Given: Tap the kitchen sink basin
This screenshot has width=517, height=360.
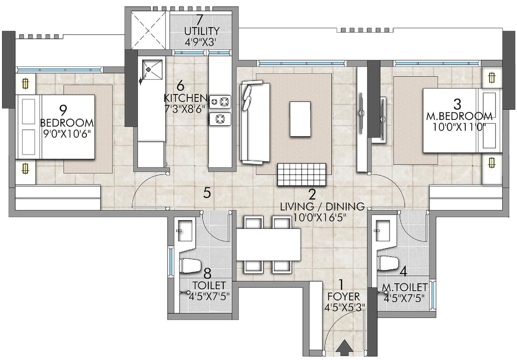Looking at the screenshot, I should click(x=151, y=71).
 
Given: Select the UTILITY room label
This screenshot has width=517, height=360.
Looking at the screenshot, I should click(x=202, y=31).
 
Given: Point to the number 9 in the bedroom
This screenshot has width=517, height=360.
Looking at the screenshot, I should click(x=67, y=109).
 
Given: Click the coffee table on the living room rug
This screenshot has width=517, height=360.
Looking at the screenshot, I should click(x=300, y=119).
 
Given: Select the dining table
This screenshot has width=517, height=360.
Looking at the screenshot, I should click(x=269, y=245).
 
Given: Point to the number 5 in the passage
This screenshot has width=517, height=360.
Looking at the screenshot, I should click(x=207, y=192).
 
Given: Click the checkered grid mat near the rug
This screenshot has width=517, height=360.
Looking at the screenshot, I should click(x=301, y=174).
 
